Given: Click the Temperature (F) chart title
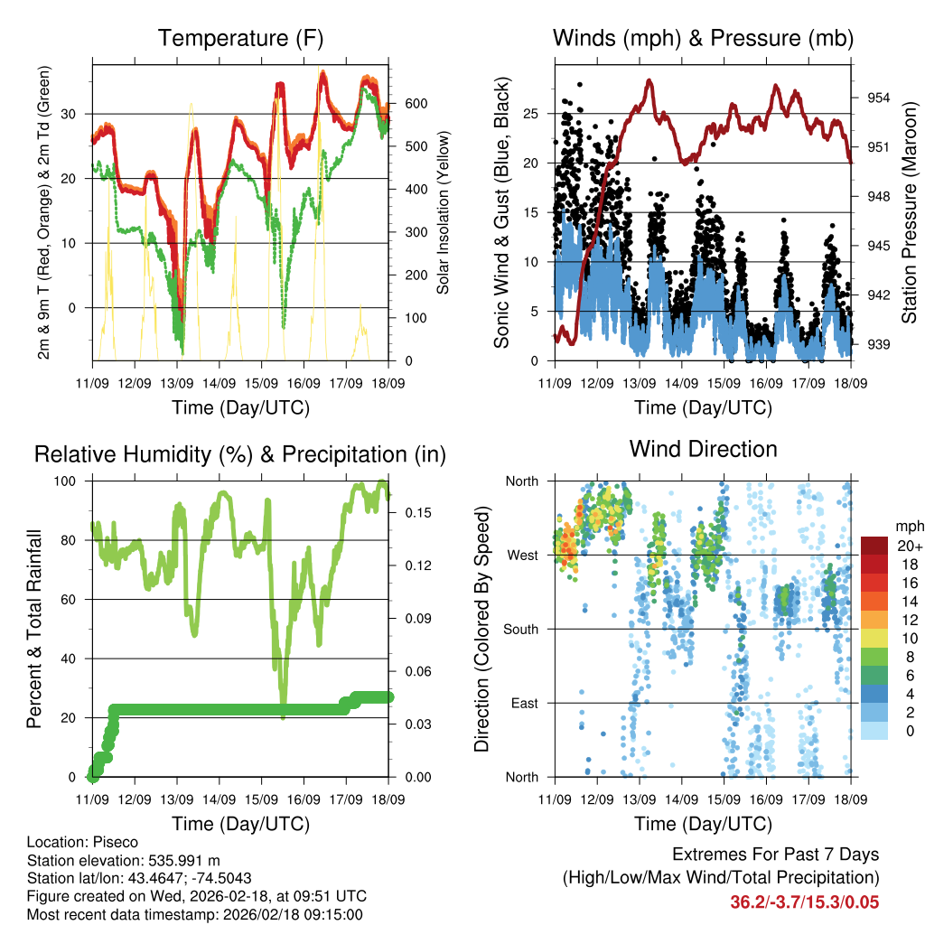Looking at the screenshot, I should pyautogui.click(x=240, y=38).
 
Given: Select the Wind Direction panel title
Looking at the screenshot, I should pyautogui.click(x=703, y=449).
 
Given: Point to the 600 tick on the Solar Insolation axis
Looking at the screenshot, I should pyautogui.click(x=415, y=104).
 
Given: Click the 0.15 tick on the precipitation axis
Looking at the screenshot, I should pyautogui.click(x=412, y=512).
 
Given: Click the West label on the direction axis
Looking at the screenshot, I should pyautogui.click(x=522, y=555).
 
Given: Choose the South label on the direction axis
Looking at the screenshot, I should pyautogui.click(x=520, y=629).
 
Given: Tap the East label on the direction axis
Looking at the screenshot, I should pyautogui.click(x=523, y=703).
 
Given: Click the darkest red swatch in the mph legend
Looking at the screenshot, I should pyautogui.click(x=874, y=546).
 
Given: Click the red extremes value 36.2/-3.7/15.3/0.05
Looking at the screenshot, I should pyautogui.click(x=804, y=902).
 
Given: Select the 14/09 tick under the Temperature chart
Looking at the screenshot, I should pyautogui.click(x=219, y=383).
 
